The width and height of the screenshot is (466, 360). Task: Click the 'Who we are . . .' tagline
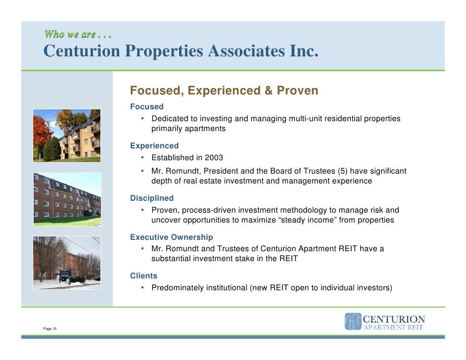click(x=78, y=35)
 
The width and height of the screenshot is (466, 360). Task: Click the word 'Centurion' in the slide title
click(x=81, y=51)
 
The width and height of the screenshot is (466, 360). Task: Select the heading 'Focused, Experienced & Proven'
click(x=224, y=91)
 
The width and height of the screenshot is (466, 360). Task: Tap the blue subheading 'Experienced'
click(x=154, y=146)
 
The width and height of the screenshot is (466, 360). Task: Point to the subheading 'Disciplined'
click(x=151, y=198)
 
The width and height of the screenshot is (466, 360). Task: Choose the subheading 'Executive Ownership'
click(x=171, y=237)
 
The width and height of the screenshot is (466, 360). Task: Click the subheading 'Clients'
click(x=143, y=276)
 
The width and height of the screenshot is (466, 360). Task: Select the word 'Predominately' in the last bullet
click(x=177, y=287)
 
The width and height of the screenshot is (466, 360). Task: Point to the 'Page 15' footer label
click(x=50, y=328)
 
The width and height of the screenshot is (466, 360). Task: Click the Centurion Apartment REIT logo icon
click(x=352, y=321)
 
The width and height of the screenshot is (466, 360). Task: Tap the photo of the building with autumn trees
click(x=67, y=135)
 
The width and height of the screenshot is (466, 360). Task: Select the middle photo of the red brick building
click(x=67, y=199)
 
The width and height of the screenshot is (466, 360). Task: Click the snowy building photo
click(x=67, y=262)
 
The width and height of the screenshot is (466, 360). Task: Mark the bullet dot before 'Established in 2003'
click(x=142, y=158)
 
